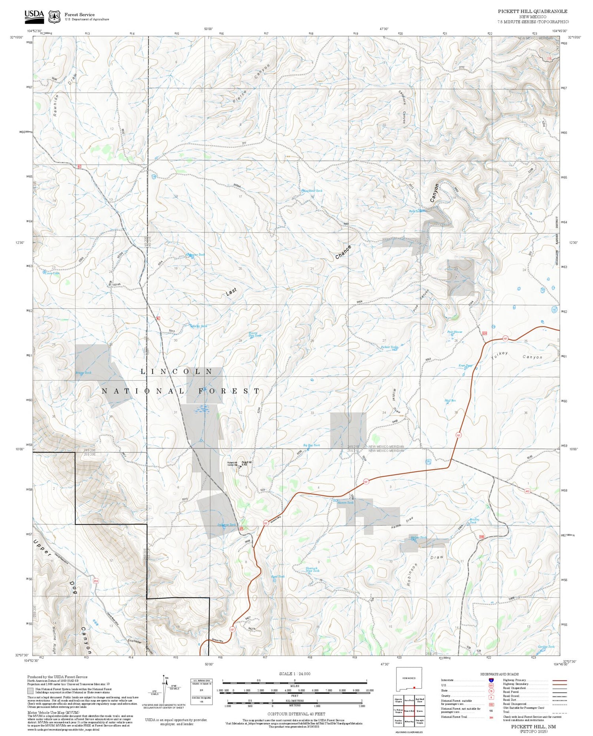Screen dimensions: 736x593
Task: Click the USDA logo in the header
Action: (34, 16)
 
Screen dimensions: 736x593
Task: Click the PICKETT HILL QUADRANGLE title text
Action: (532, 11)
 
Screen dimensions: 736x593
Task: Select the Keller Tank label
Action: (199, 326)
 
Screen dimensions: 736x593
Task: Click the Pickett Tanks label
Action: (389, 347)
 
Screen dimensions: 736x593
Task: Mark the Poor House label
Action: (455, 332)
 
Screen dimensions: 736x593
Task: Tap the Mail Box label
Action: (450, 400)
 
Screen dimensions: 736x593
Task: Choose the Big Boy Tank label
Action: (311, 445)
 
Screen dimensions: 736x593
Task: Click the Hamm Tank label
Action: (345, 502)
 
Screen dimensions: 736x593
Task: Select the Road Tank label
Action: (278, 576)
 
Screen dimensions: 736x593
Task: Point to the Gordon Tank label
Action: (546, 647)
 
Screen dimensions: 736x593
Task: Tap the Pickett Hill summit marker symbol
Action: (240, 466)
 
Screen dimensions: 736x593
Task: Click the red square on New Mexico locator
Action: (414, 687)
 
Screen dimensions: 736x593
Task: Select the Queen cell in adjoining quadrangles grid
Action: (420, 710)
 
